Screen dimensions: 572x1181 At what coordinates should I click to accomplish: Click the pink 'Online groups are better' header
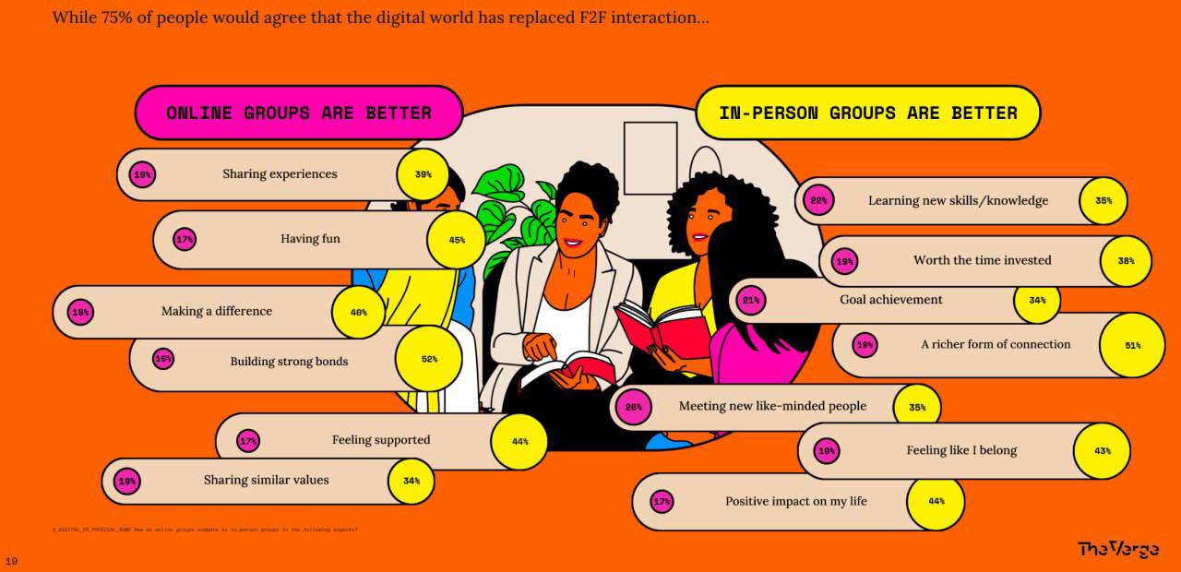pos(298,113)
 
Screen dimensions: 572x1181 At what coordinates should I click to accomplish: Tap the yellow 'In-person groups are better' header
pos(867,113)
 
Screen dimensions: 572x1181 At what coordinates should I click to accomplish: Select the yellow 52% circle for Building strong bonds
pos(429,359)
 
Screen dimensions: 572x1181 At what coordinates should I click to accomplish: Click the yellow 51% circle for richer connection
pos(1132,345)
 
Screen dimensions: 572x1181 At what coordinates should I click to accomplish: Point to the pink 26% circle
pos(634,407)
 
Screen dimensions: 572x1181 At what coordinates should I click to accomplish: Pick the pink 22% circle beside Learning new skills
pos(818,201)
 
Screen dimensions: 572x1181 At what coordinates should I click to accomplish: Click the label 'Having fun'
pos(310,239)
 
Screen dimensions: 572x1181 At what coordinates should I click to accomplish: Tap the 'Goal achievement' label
pos(890,300)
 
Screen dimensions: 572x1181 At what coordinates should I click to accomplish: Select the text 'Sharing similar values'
pos(266,480)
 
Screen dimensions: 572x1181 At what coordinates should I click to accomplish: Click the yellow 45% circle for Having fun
pos(457,240)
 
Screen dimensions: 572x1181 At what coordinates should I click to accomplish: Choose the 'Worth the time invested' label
pos(982,260)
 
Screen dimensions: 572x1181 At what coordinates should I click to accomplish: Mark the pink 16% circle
pos(163,359)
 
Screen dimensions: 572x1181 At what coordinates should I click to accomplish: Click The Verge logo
pos(1118,549)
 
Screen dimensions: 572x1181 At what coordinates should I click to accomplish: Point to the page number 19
pos(11,560)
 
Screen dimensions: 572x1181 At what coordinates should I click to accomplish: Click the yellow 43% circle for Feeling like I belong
pos(1102,451)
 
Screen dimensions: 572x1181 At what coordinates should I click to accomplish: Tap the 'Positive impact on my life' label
pos(795,502)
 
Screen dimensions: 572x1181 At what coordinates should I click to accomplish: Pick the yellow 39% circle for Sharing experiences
pos(423,174)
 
